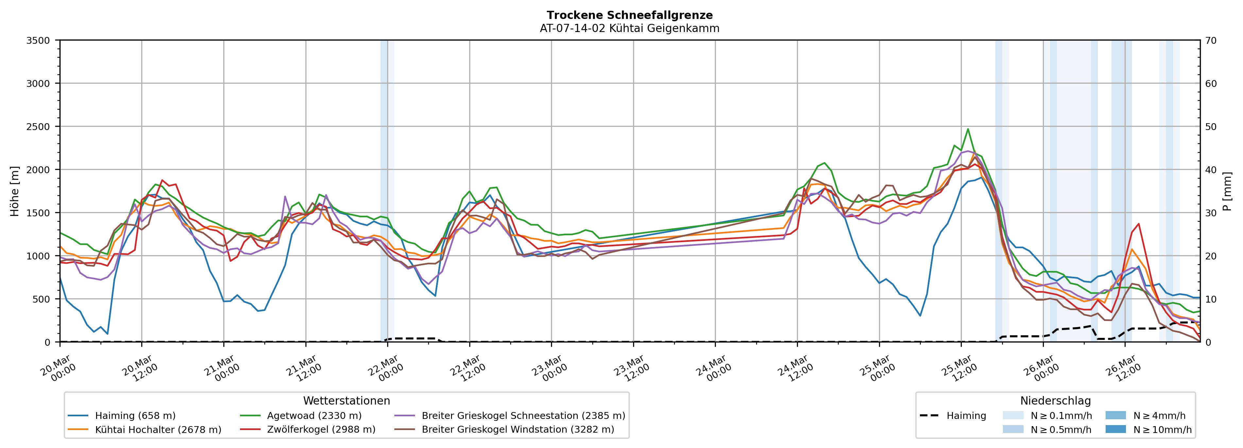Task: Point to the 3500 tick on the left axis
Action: pos(38,41)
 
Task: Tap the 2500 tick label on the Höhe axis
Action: pos(38,127)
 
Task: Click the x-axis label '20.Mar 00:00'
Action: pos(58,369)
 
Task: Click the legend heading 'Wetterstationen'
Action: pos(346,401)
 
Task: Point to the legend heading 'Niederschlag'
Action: pos(1055,401)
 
